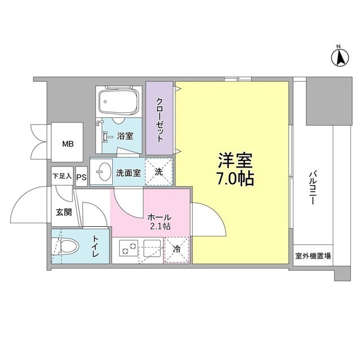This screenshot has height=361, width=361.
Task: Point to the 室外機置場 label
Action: point(312,256)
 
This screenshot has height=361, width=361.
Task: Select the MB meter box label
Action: point(68,143)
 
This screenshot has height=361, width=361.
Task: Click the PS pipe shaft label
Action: point(82,177)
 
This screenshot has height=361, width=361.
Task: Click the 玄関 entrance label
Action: point(63,213)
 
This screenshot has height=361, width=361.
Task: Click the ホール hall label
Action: point(160,217)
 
